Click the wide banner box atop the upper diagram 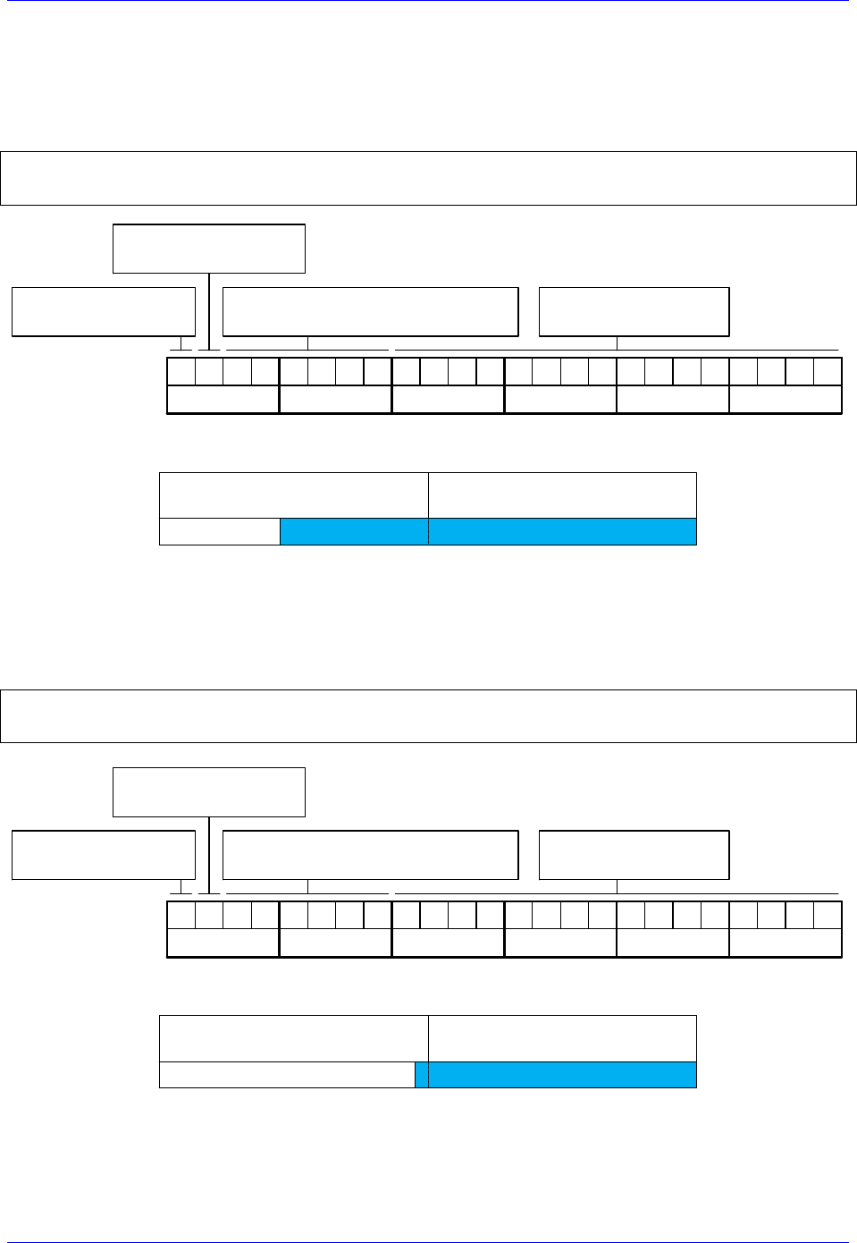[428, 179]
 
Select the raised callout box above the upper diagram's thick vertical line [209, 249]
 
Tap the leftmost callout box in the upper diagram [104, 312]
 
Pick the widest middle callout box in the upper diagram [370, 312]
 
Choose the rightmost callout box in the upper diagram [634, 312]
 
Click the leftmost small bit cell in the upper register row [181, 371]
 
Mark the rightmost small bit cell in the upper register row [828, 371]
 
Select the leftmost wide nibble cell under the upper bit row [223, 400]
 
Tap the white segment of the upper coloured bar [220, 531]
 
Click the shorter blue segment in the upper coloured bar [354, 531]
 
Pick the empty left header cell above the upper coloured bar [294, 495]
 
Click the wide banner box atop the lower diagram [428, 716]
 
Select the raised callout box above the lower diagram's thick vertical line [209, 792]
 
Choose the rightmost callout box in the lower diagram [634, 855]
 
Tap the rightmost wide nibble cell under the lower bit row [786, 943]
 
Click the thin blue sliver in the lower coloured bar [422, 1075]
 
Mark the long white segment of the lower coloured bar [287, 1075]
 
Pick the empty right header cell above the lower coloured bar [562, 1038]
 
